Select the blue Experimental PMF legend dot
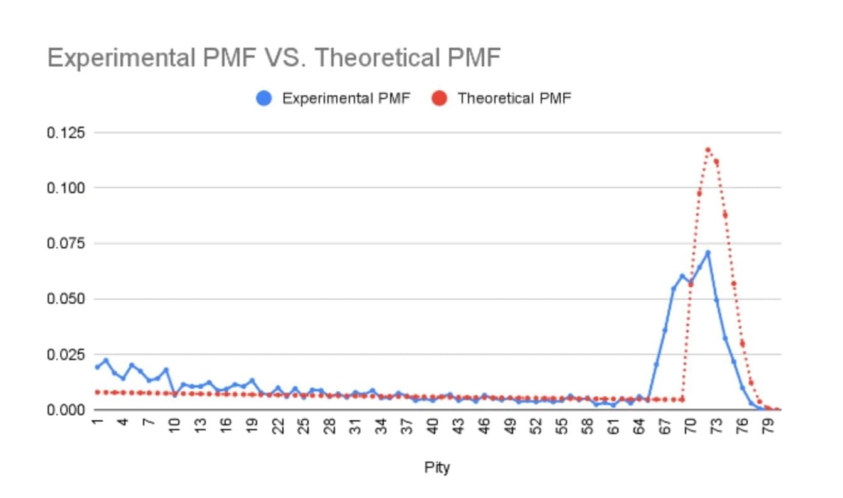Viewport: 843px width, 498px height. click(x=264, y=98)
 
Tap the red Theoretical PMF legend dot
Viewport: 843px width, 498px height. click(x=439, y=98)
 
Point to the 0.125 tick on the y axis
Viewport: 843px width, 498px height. click(x=66, y=133)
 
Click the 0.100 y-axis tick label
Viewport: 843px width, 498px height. click(x=66, y=188)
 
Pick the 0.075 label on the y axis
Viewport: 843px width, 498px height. click(x=66, y=243)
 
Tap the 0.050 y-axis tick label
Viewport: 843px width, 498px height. click(x=66, y=299)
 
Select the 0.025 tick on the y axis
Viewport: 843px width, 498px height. click(x=66, y=354)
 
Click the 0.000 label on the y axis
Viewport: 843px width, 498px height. click(x=66, y=410)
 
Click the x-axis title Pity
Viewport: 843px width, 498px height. click(x=437, y=467)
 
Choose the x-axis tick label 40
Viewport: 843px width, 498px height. click(x=432, y=426)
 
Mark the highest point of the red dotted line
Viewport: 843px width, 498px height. click(x=708, y=149)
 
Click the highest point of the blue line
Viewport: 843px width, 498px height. click(x=708, y=253)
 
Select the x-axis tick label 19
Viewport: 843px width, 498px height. click(x=252, y=426)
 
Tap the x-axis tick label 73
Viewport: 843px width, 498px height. click(x=716, y=426)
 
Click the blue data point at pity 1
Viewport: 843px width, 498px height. click(x=97, y=367)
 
